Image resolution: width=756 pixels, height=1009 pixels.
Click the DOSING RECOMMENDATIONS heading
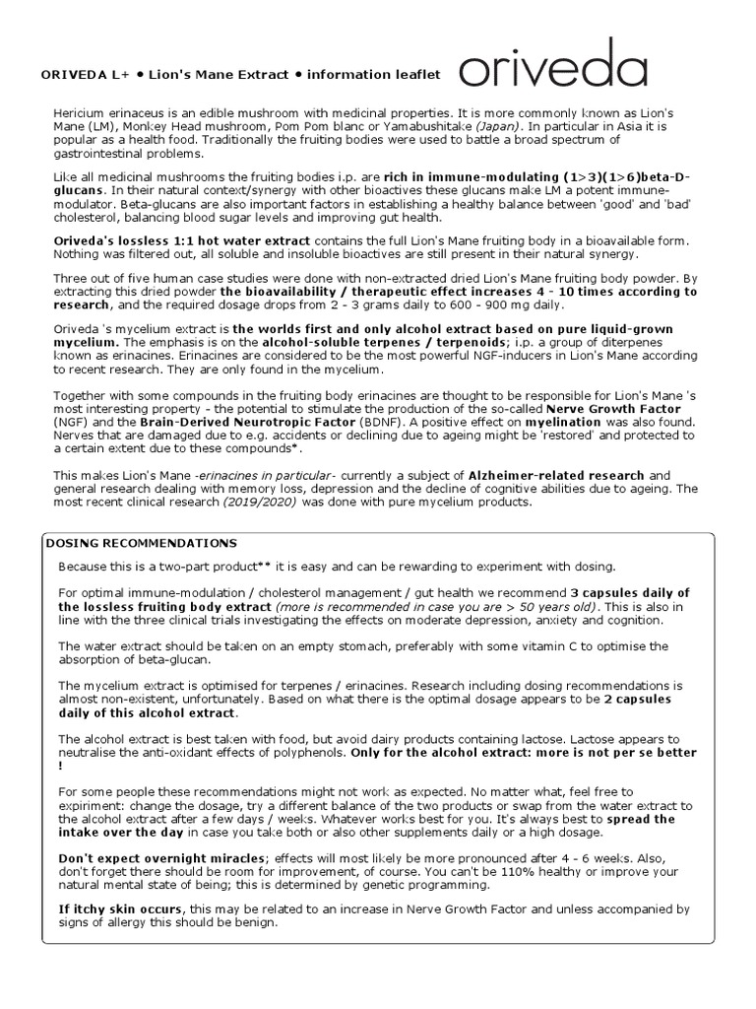click(142, 543)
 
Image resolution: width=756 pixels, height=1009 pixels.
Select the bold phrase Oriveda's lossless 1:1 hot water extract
click(180, 241)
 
